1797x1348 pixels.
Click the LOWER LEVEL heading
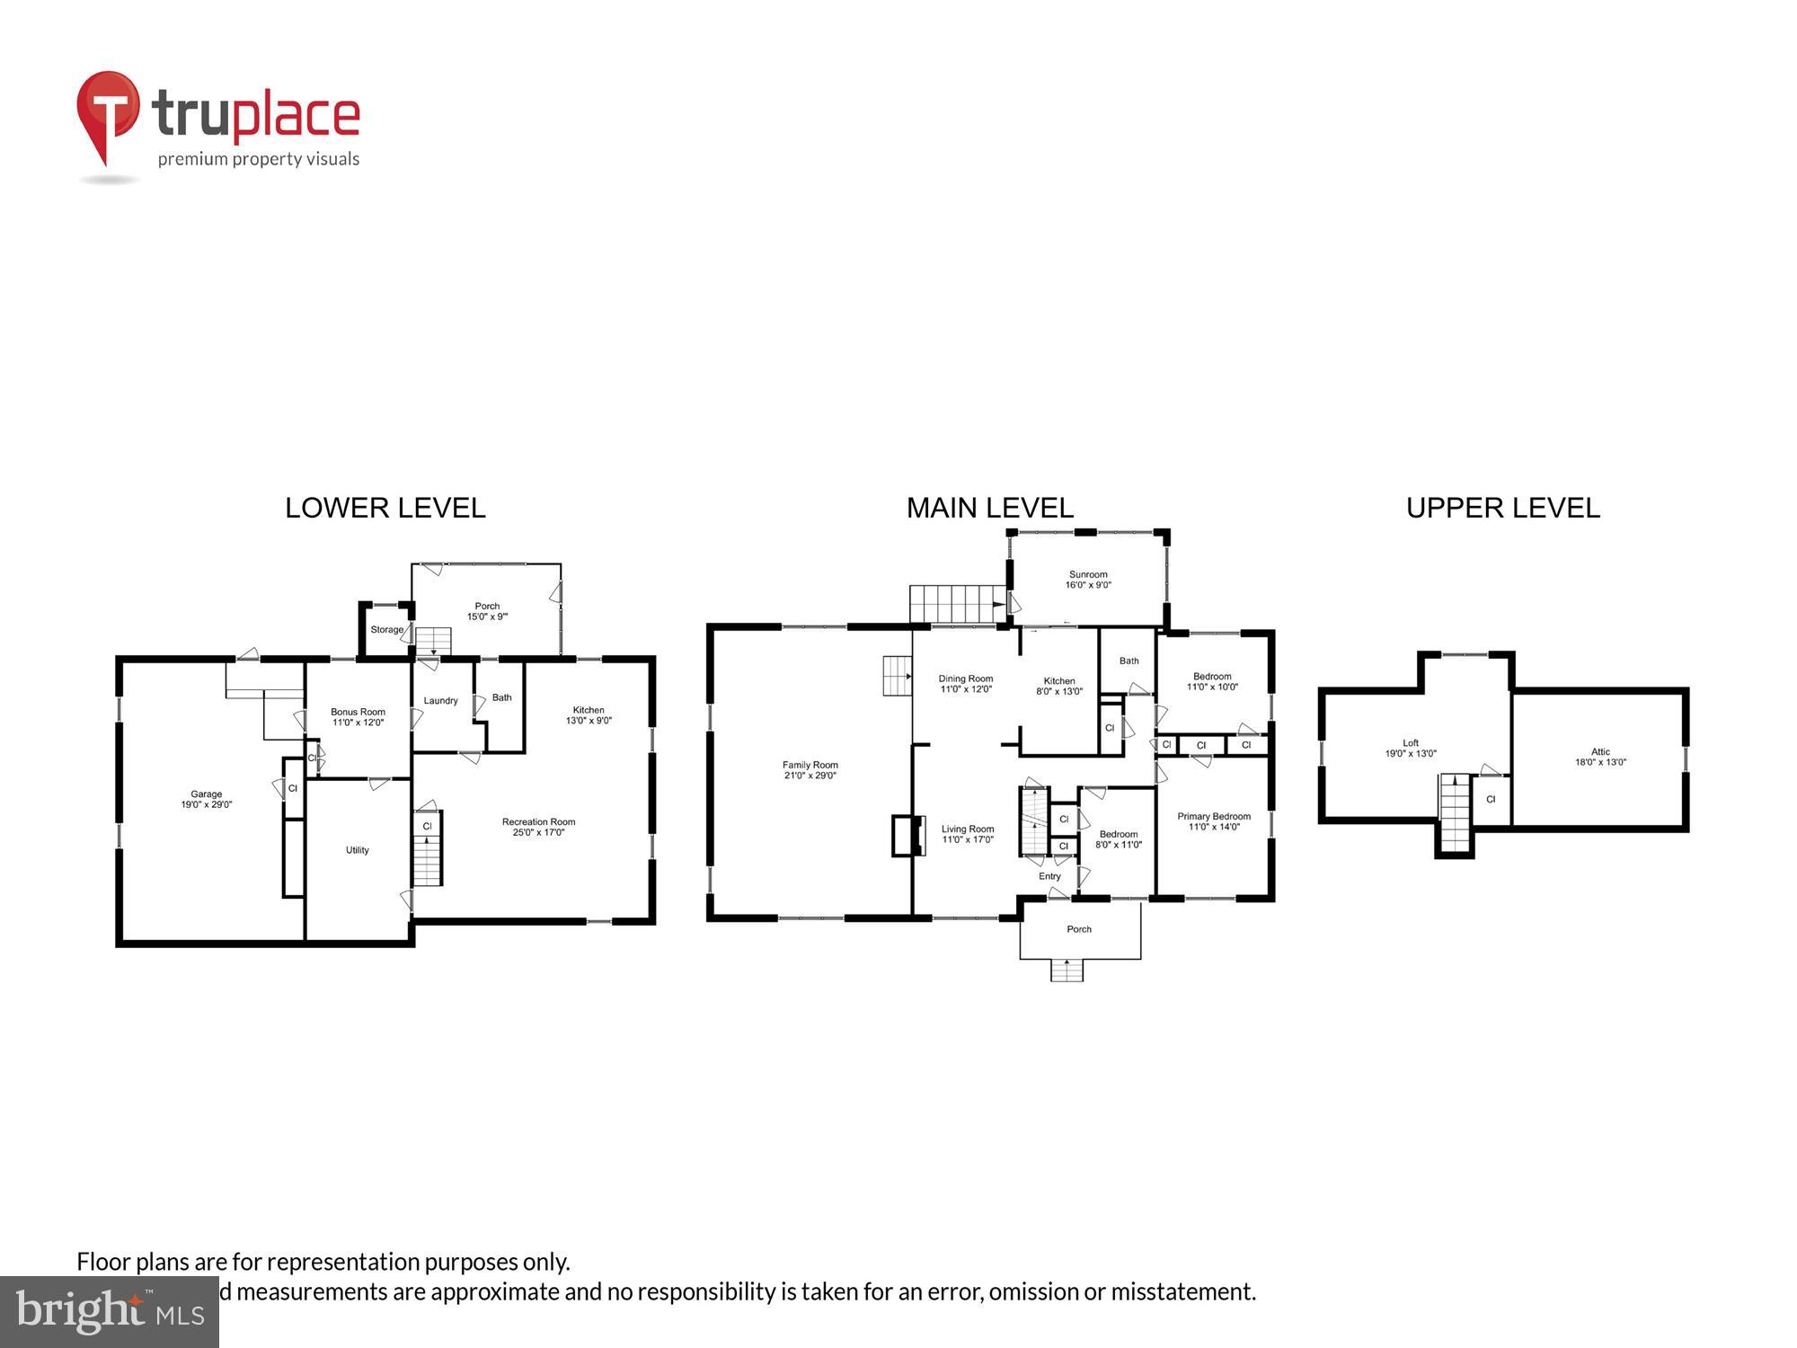click(x=385, y=508)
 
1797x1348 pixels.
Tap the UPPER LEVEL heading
click(x=1502, y=508)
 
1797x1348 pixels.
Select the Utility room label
click(x=358, y=850)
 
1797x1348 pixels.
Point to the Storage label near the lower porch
click(x=387, y=629)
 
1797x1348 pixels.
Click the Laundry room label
click(x=440, y=700)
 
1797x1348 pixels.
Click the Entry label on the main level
click(x=1049, y=876)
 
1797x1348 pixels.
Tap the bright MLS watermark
click(x=109, y=1312)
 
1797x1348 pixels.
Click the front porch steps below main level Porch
click(x=1067, y=970)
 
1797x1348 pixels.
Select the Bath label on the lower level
click(x=501, y=697)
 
